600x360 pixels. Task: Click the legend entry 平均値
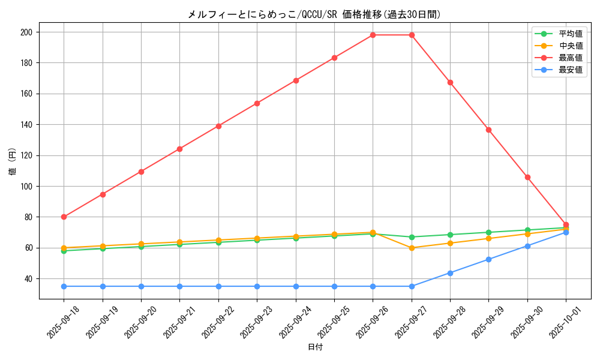(x=570, y=34)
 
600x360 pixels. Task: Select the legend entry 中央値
(x=570, y=46)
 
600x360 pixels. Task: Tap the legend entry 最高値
(x=570, y=58)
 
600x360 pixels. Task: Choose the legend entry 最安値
(x=570, y=70)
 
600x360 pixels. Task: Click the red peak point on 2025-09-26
(x=373, y=35)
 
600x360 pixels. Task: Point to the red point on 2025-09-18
(x=64, y=217)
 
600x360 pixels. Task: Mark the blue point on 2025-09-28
(x=450, y=273)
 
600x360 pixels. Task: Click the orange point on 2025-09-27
(x=412, y=248)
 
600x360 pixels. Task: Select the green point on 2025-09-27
(x=412, y=237)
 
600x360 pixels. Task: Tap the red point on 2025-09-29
(x=488, y=130)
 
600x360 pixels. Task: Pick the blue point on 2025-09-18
(x=64, y=286)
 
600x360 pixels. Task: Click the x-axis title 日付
(x=314, y=347)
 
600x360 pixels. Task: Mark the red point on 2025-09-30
(x=527, y=177)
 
